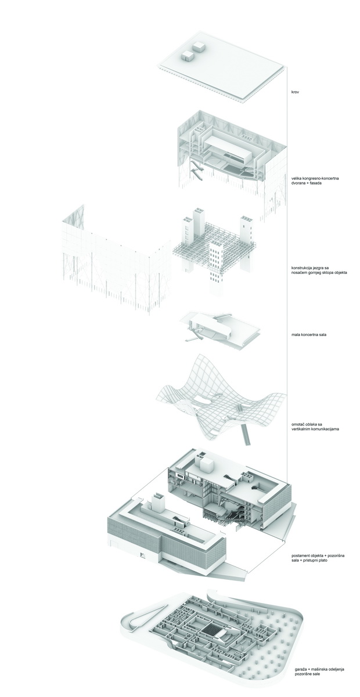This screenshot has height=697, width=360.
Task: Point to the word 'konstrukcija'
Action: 301,268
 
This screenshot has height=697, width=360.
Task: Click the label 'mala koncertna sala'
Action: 307,334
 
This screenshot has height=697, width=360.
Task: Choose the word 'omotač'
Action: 297,424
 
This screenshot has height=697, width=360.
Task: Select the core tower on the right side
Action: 246,232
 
